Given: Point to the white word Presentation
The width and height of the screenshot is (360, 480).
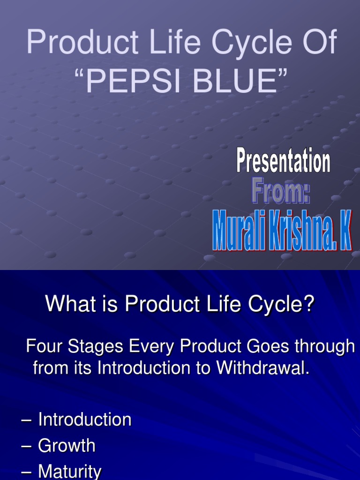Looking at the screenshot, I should click(283, 162).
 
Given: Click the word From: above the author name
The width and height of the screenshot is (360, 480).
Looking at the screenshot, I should click(281, 193).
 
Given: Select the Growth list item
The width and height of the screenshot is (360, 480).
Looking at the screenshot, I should click(67, 446).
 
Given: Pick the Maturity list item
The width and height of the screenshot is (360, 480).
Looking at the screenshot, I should click(69, 472).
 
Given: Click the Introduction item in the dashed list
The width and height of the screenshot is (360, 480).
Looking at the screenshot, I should click(84, 420).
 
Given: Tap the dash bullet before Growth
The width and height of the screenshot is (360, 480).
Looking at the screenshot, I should click(26, 446).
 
